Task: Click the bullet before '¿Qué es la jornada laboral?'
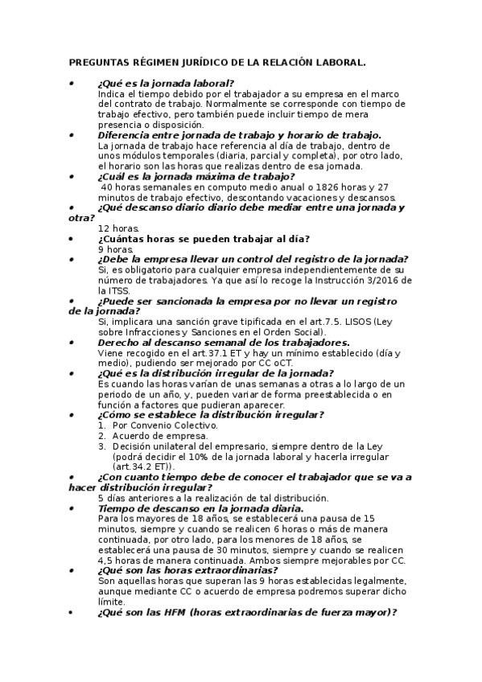coord(72,83)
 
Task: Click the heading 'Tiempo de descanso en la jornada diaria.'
coord(200,508)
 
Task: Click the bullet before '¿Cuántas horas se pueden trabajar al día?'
coord(72,239)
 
